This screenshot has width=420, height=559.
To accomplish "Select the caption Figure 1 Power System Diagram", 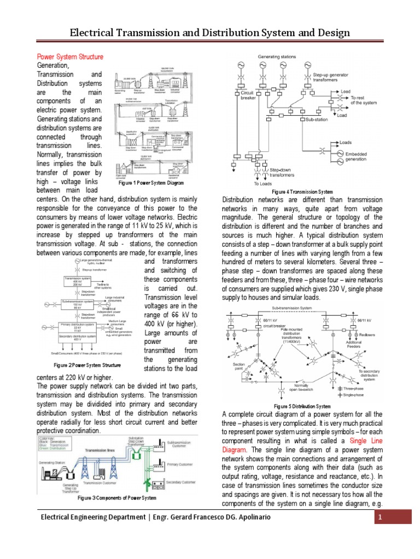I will (151, 184).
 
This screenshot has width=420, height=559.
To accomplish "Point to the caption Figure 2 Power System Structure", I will (87, 365).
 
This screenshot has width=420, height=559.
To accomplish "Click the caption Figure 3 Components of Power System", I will (116, 498).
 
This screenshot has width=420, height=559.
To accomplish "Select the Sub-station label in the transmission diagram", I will (317, 118).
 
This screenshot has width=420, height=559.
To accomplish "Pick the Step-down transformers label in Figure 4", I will (283, 173).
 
